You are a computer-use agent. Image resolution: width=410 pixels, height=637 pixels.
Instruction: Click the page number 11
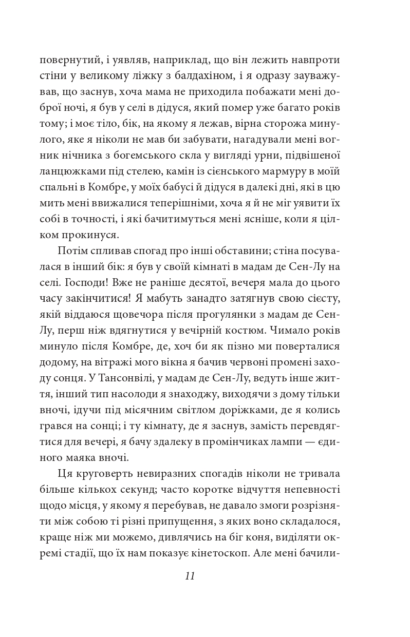click(x=190, y=576)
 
